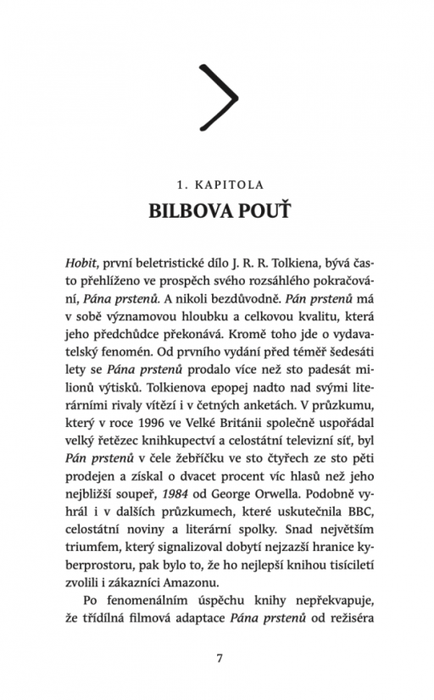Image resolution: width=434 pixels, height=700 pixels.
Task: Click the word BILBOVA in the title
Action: pos(180,211)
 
